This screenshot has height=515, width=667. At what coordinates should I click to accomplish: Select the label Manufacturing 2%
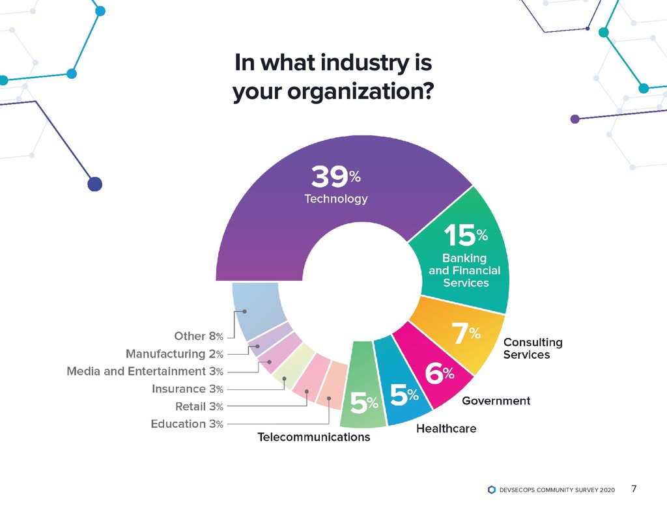click(175, 354)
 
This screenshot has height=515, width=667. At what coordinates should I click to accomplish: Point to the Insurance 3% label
click(188, 389)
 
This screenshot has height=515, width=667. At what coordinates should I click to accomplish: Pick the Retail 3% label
click(199, 407)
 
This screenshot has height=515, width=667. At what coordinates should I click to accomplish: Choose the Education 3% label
click(187, 425)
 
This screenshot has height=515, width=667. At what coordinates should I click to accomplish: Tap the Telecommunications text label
click(314, 438)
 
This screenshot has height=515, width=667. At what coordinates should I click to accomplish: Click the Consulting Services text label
click(532, 348)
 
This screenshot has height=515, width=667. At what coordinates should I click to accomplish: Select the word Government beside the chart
click(496, 401)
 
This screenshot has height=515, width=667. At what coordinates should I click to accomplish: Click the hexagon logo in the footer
click(491, 490)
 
